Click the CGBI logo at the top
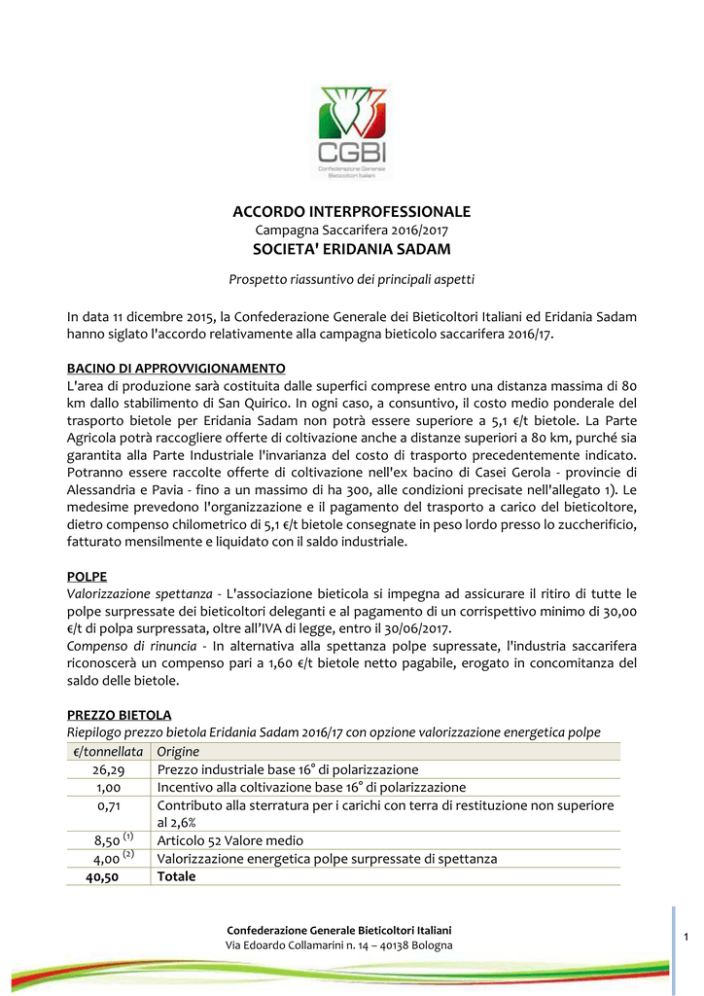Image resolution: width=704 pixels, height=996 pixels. (x=351, y=131)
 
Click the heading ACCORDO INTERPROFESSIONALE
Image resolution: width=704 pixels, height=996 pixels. (x=351, y=211)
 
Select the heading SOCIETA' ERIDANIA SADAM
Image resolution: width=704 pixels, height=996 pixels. (x=351, y=250)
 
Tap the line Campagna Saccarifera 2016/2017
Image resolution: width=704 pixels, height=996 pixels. (x=351, y=231)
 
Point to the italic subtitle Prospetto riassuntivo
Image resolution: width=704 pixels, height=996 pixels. (x=351, y=280)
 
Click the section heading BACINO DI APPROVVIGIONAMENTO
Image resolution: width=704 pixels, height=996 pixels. (x=176, y=369)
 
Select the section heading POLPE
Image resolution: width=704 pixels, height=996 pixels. (x=87, y=576)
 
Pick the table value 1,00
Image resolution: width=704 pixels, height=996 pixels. (x=108, y=787)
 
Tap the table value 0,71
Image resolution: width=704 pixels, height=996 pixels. (x=108, y=805)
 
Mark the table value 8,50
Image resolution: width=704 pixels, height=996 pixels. (x=107, y=840)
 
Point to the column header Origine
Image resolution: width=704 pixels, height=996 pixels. (x=178, y=752)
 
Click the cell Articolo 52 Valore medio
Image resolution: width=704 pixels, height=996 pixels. (x=230, y=840)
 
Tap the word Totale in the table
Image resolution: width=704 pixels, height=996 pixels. (x=177, y=876)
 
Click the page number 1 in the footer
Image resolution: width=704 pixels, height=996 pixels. (x=686, y=936)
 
